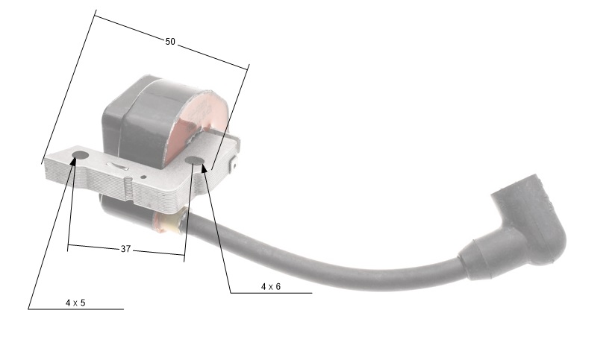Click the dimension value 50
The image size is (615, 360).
click(x=170, y=42)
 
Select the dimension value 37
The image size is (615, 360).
click(x=125, y=249)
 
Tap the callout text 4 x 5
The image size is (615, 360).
click(x=75, y=303)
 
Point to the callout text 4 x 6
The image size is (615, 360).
click(x=271, y=286)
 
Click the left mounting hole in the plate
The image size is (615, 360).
click(x=80, y=155)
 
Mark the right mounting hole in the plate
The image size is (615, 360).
click(x=195, y=160)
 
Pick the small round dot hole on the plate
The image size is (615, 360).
click(x=143, y=177)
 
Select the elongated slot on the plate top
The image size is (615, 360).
click(x=119, y=166)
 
